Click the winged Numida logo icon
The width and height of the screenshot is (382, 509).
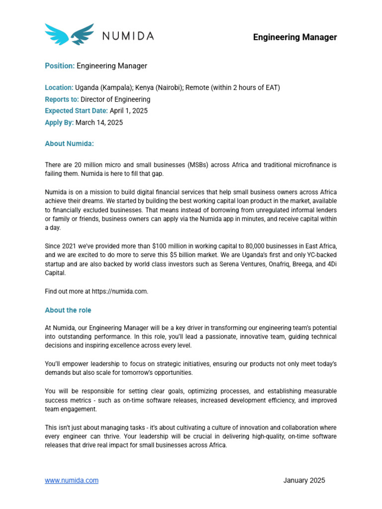(69, 34)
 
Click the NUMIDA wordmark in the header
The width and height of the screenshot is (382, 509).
(128, 36)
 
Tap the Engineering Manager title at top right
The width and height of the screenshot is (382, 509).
(295, 37)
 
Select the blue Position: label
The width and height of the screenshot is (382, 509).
(60, 66)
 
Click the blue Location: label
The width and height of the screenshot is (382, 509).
(59, 88)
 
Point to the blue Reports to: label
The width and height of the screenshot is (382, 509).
(62, 99)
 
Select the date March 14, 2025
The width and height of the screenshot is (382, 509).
(99, 122)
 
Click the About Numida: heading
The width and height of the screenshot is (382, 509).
(69, 144)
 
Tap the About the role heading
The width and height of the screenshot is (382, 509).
(68, 310)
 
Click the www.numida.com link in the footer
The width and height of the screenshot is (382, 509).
(72, 480)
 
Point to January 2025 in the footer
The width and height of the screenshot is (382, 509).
(304, 480)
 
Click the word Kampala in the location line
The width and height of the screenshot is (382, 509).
(115, 88)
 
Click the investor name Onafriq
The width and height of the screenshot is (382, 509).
(271, 264)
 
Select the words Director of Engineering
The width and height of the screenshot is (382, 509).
(115, 99)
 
